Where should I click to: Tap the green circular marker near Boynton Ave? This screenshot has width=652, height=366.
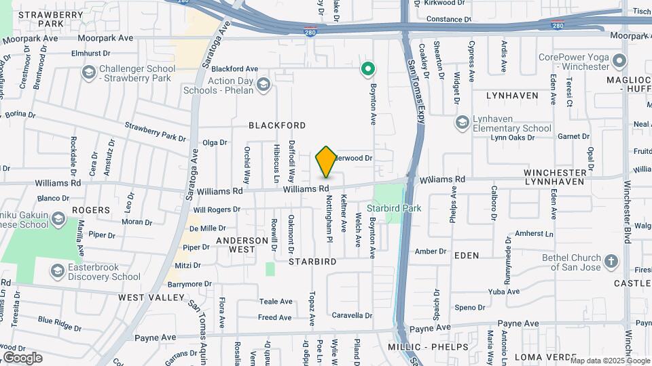[368, 68]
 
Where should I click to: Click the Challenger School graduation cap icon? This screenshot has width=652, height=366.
[88, 73]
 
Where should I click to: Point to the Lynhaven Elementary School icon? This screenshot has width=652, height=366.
[463, 122]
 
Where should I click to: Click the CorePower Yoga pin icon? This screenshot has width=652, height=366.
[619, 62]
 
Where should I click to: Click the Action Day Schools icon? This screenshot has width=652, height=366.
[263, 85]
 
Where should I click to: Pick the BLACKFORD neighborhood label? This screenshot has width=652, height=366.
[276, 125]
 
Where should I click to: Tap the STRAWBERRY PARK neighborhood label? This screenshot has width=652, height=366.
[41, 18]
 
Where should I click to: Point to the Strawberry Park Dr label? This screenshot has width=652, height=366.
[155, 131]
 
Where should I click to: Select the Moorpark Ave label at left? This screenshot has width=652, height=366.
[105, 39]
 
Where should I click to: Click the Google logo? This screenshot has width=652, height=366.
[22, 358]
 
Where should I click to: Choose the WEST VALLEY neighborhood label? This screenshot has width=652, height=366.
[151, 297]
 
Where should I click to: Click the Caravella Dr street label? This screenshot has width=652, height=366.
[352, 315]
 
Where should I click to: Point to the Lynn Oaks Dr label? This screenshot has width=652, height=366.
[513, 137]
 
